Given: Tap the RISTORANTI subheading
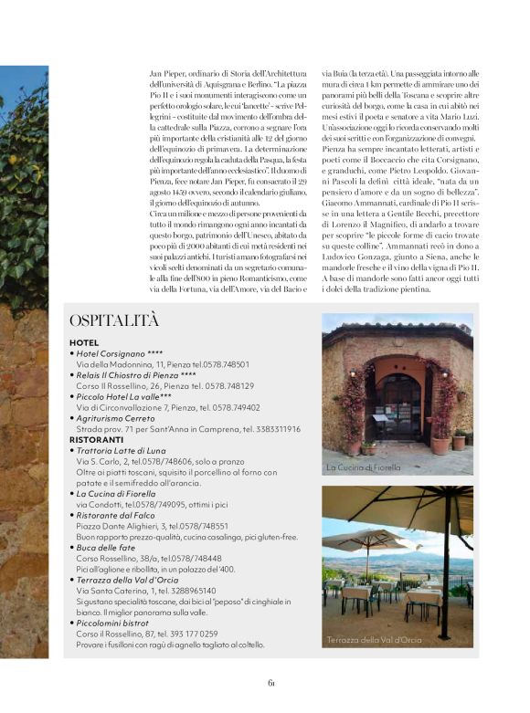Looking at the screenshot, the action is coord(95,439).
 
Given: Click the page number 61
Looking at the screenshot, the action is coord(271,684).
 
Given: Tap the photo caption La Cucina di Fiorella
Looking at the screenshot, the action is coord(364,467).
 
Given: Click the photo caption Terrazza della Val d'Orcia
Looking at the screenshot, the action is coord(373,640).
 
